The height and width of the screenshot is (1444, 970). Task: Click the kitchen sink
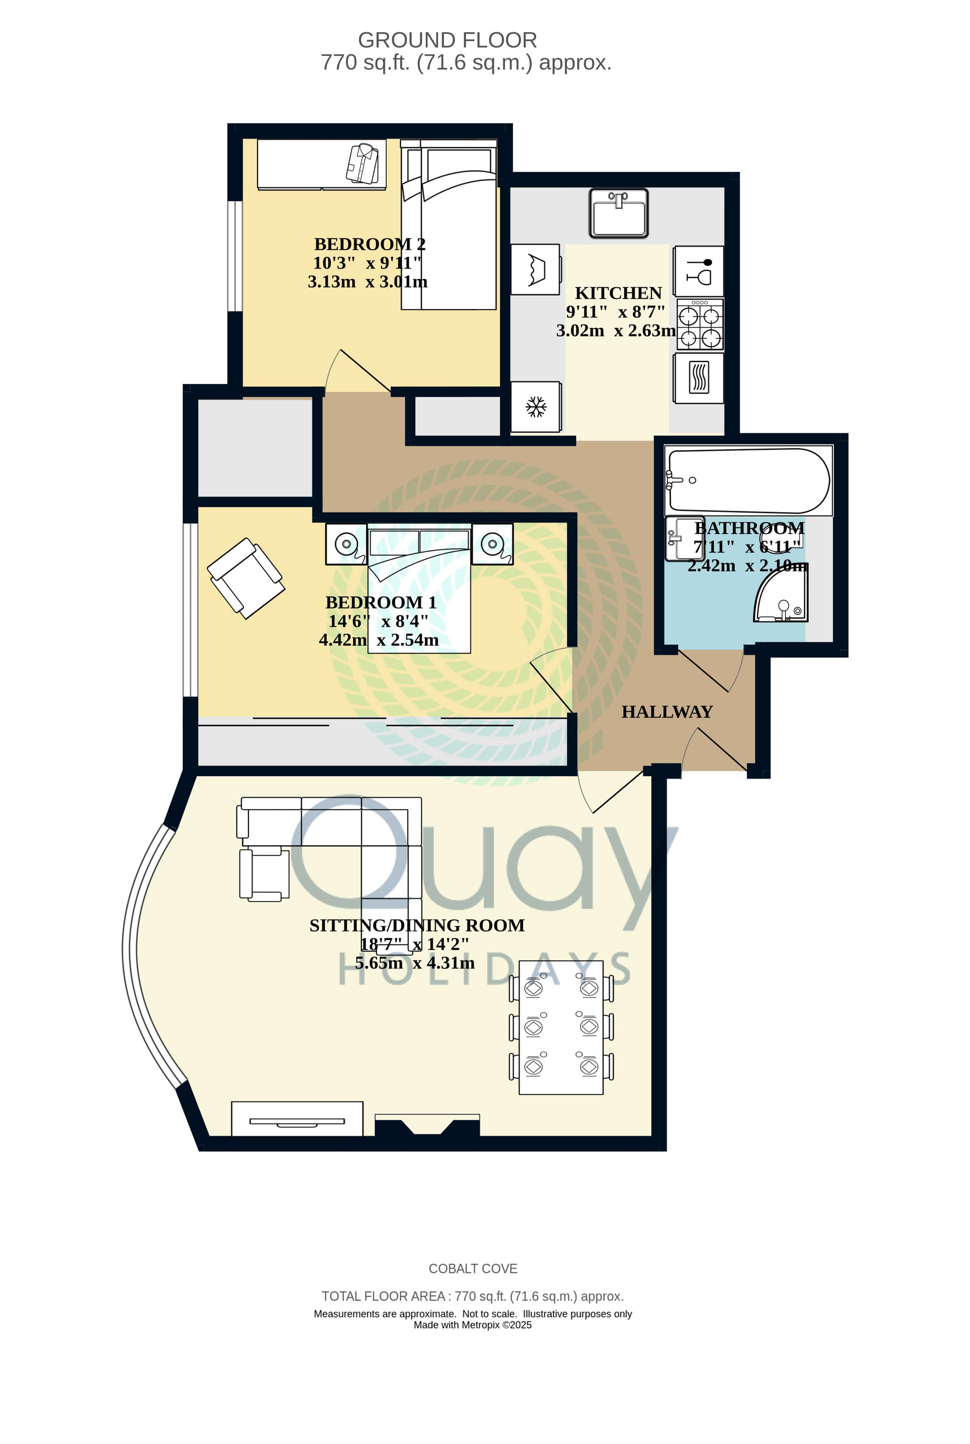[x=618, y=213]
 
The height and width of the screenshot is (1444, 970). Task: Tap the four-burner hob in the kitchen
[x=700, y=325]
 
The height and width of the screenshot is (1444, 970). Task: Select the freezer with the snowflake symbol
[x=536, y=407]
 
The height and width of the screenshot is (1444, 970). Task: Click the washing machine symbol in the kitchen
[x=536, y=269]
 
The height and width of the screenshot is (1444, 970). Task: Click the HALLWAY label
[x=667, y=712]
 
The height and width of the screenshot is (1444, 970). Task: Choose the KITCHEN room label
[x=618, y=293]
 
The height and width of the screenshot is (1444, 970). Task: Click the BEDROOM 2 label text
[x=369, y=244]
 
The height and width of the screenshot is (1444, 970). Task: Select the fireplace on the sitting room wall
[x=427, y=1125]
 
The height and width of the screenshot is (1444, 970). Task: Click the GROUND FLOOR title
[x=447, y=40]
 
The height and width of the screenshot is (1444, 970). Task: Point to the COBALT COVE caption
[x=473, y=1269]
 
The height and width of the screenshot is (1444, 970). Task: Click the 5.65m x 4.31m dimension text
[x=415, y=963]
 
